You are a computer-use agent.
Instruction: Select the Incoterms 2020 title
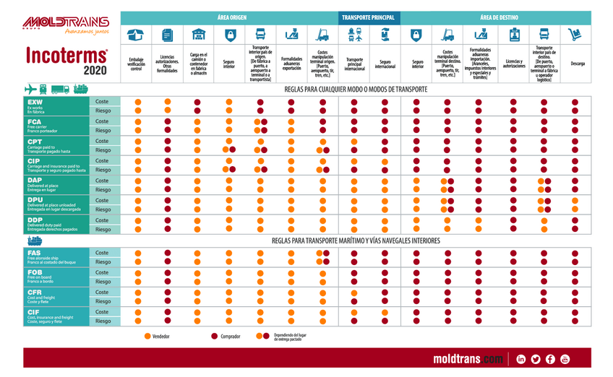[x=66, y=61]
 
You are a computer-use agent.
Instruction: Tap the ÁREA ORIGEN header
[x=229, y=17]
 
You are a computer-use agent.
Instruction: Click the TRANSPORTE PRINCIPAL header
[x=368, y=17]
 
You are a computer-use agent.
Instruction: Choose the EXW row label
[x=51, y=106]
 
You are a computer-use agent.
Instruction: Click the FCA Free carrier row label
[x=51, y=126]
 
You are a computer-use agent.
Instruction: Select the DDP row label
[x=51, y=224]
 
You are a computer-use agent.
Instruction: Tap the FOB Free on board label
[x=51, y=277]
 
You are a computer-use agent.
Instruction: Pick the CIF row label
[x=51, y=316]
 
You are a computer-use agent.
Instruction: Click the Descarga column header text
[x=577, y=64]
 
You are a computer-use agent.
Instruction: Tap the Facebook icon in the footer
[x=550, y=359]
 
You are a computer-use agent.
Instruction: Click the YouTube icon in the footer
[x=565, y=359]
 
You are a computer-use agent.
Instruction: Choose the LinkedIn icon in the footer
[x=520, y=359]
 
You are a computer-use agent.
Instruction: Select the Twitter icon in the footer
[x=536, y=359]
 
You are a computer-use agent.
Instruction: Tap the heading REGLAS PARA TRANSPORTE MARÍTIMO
[x=356, y=240]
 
